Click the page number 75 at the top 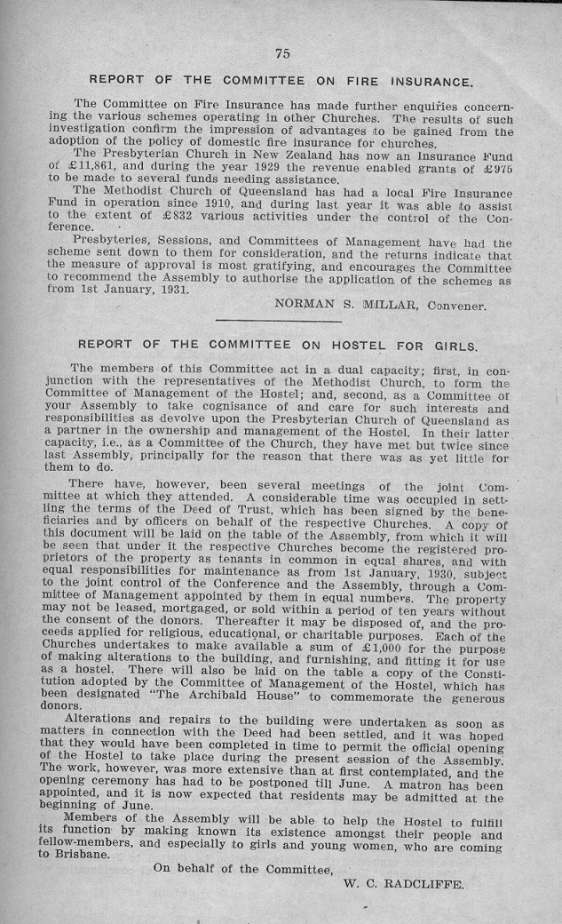[x=282, y=53]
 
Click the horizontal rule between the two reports [x=278, y=321]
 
